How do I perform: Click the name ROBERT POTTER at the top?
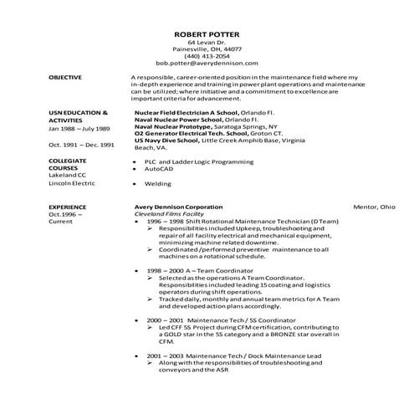pyautogui.click(x=207, y=33)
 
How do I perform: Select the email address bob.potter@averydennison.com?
pyautogui.click(x=207, y=63)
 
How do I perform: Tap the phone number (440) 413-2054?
pyautogui.click(x=207, y=56)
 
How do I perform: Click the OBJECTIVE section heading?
pyautogui.click(x=65, y=77)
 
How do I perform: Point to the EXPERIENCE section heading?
pyautogui.click(x=68, y=206)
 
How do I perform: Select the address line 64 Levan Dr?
pyautogui.click(x=207, y=42)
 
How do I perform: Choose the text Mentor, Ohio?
pyautogui.click(x=374, y=206)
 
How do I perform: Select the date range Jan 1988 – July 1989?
pyautogui.click(x=80, y=130)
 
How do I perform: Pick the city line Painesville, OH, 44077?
pyautogui.click(x=207, y=49)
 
